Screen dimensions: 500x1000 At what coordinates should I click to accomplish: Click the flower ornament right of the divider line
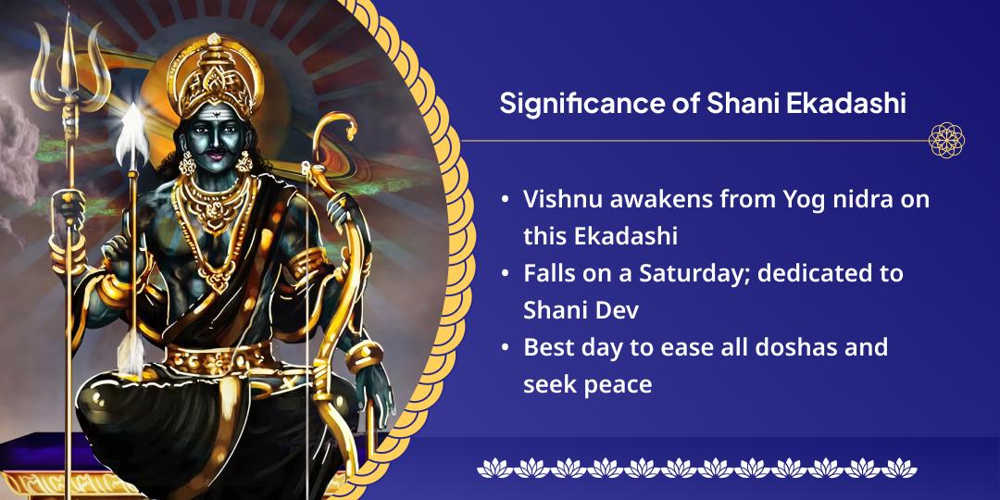pyautogui.click(x=946, y=141)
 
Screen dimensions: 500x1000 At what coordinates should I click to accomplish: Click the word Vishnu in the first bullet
pyautogui.click(x=558, y=199)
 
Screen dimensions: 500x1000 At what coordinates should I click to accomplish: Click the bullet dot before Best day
pyautogui.click(x=504, y=349)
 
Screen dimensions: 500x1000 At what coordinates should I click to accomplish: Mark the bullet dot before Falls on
pyautogui.click(x=504, y=275)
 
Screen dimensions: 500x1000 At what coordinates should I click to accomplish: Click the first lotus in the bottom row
pyautogui.click(x=490, y=468)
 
